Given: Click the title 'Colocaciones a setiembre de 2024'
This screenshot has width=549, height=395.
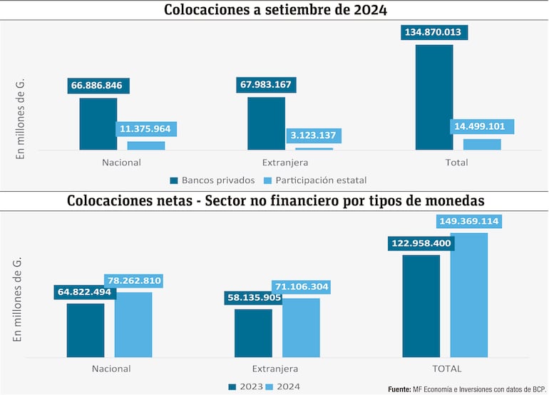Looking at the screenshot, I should (x=274, y=10).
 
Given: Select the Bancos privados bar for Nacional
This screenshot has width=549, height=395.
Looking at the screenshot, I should (x=98, y=124).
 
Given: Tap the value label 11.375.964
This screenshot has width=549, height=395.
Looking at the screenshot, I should (x=147, y=129).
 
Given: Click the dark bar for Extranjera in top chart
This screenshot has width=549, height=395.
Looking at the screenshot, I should (x=266, y=123).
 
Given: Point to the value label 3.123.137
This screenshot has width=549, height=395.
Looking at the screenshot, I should (x=315, y=135).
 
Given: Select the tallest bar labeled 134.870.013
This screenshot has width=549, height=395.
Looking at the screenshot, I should (x=434, y=98).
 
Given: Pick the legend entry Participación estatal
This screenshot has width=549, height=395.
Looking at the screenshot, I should (x=321, y=180).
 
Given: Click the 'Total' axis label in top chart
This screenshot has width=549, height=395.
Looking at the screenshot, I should (x=456, y=163).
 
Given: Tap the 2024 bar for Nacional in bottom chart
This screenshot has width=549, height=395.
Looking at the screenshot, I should (x=133, y=324).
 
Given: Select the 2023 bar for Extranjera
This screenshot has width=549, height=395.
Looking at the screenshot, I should (x=253, y=333).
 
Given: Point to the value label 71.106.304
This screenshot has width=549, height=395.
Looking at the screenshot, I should (x=300, y=287).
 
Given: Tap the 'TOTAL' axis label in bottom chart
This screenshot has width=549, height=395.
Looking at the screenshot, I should (x=447, y=369).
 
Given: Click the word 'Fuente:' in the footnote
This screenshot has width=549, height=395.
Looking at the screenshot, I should (x=399, y=389).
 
